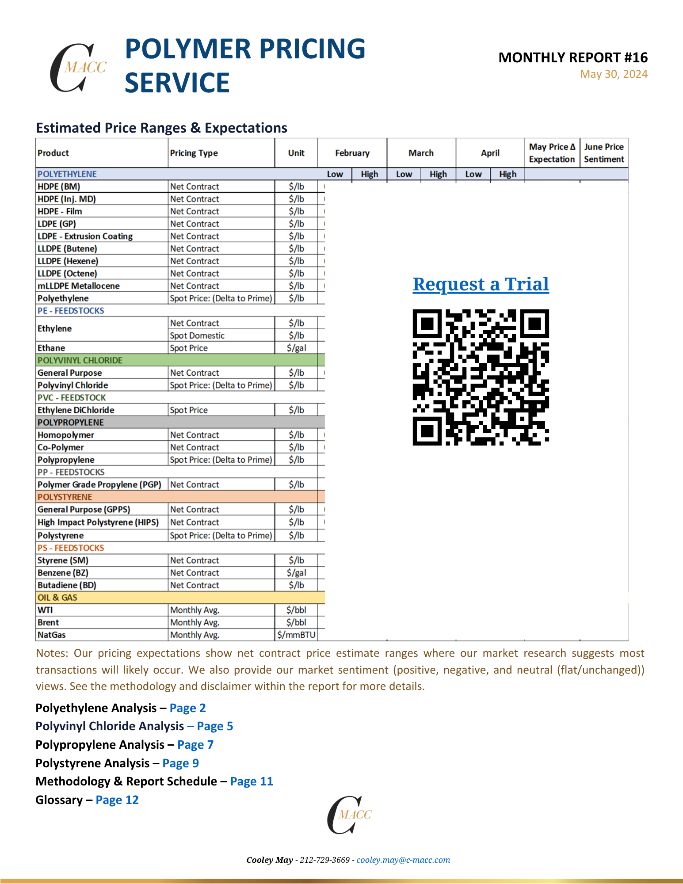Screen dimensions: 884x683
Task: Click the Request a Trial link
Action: point(481,284)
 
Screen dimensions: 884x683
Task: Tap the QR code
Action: point(481,377)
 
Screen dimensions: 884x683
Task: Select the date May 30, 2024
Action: point(614,74)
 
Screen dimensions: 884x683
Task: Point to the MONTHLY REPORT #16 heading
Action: point(573,57)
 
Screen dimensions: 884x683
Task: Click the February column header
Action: point(352,153)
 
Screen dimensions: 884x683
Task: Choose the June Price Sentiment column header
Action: point(603,153)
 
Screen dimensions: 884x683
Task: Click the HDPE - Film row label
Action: point(60,211)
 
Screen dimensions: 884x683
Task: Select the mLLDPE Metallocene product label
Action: point(78,286)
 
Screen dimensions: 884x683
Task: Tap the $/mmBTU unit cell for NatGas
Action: point(296,635)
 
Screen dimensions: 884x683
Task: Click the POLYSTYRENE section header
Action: point(65,497)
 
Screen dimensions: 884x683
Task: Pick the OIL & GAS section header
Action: point(57,598)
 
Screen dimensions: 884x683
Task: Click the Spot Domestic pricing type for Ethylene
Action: point(197,335)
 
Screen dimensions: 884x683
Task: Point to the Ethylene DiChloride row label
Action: point(76,410)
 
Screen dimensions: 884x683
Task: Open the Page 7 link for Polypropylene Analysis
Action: point(195,745)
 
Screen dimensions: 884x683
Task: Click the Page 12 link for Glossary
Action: point(117,800)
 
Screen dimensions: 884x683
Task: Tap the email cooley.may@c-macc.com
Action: point(403,860)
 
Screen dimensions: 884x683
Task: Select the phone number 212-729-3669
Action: point(324,860)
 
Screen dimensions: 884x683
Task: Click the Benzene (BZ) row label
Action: point(63,573)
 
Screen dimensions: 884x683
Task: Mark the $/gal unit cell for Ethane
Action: point(296,348)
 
